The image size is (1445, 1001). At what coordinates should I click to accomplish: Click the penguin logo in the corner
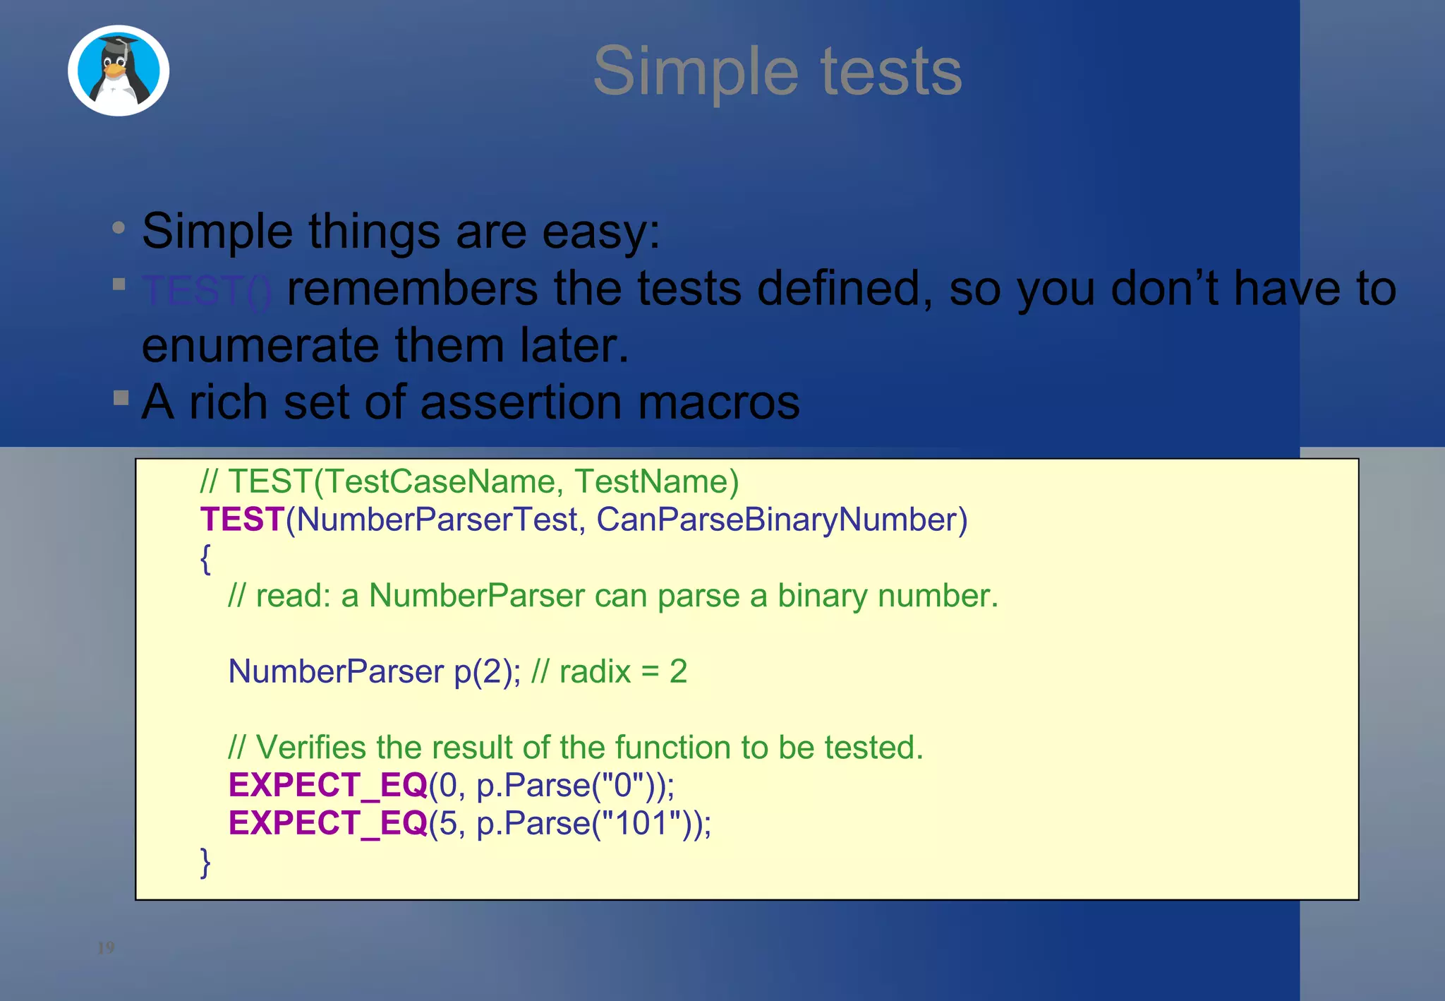point(119,71)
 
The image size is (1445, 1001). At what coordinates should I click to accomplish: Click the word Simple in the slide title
point(696,72)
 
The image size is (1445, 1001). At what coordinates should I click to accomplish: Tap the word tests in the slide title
point(891,72)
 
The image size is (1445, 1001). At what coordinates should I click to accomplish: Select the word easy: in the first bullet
point(600,232)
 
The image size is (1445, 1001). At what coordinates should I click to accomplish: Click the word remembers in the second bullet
point(412,289)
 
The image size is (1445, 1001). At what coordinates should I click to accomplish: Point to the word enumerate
point(260,345)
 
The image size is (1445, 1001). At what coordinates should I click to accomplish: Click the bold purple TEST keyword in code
point(242,520)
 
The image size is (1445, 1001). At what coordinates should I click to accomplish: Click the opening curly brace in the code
point(205,558)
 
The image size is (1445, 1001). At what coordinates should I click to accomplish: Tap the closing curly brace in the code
point(205,862)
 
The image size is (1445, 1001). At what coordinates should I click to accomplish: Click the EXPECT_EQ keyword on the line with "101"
point(328,823)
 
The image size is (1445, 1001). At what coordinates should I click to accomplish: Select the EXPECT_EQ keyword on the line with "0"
point(328,785)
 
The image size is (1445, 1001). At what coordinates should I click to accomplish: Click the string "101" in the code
point(643,823)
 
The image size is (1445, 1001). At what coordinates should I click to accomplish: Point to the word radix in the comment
point(595,671)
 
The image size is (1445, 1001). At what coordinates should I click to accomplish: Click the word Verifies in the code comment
point(310,748)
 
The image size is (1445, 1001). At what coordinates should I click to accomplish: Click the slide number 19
point(106,947)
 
